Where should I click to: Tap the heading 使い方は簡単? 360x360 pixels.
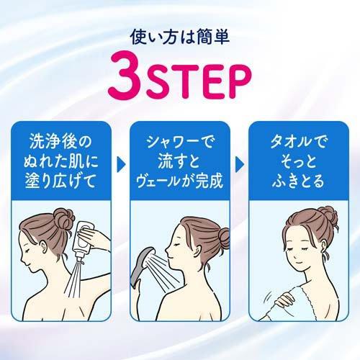pos(179,34)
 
